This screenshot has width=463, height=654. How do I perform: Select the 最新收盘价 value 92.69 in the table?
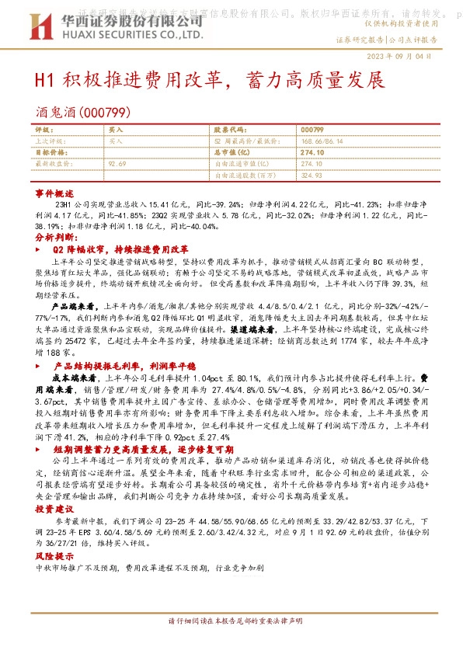[117, 164]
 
